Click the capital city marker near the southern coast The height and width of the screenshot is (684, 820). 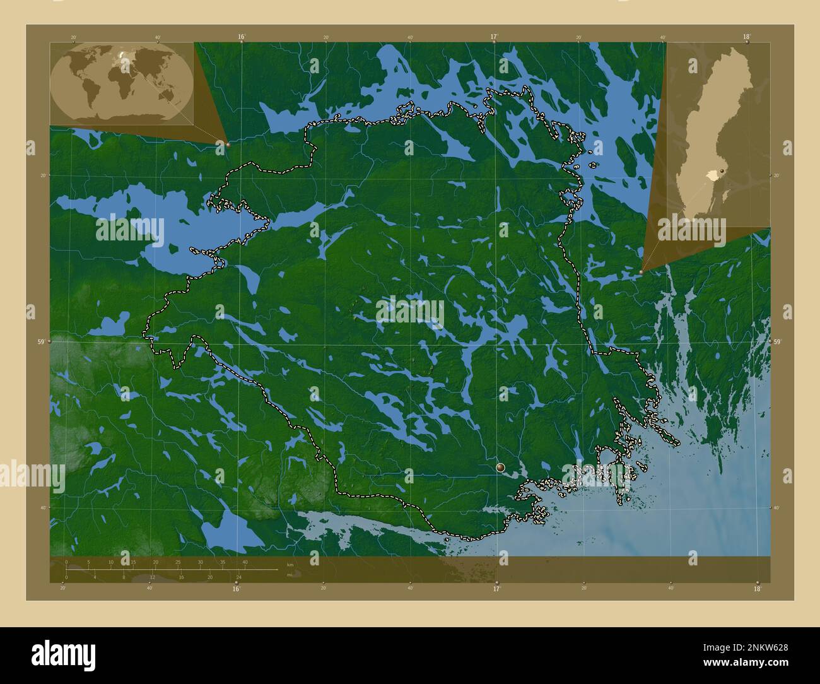click(501, 468)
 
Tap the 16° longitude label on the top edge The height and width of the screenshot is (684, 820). click(242, 37)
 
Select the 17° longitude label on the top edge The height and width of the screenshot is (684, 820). click(495, 37)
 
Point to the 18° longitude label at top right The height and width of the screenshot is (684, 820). click(747, 37)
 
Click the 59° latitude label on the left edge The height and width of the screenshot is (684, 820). click(41, 342)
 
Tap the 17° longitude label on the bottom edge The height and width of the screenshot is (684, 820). click(496, 589)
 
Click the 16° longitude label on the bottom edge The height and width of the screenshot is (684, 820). click(236, 589)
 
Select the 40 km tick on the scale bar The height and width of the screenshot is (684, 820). click(245, 562)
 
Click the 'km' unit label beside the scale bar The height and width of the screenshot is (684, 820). click(290, 564)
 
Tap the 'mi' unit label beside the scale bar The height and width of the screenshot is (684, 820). click(290, 575)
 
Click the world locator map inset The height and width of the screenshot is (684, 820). click(122, 83)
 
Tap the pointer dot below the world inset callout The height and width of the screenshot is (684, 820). click(228, 144)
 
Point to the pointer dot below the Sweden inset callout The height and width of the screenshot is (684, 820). click(641, 272)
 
